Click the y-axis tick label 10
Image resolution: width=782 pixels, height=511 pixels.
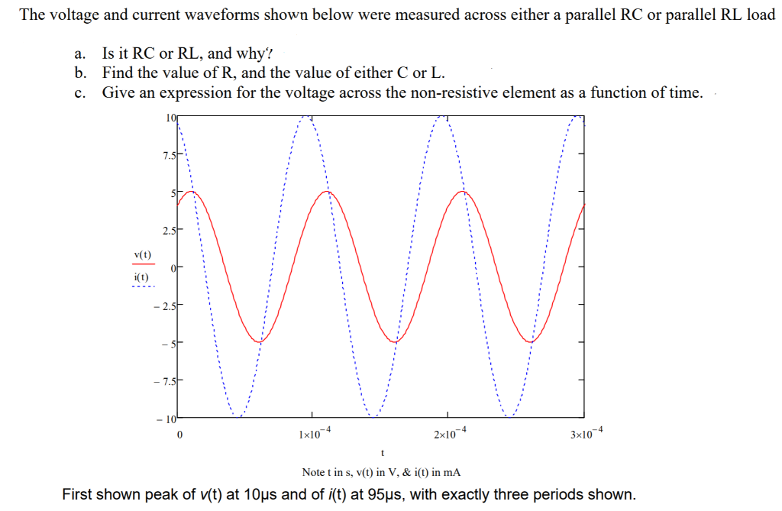pos(170,118)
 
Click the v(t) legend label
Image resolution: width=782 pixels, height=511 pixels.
pos(142,254)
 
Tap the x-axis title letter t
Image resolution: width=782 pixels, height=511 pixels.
pos(381,452)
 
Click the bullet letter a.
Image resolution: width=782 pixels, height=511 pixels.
pos(78,53)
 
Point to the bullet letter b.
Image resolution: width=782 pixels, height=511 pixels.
pos(79,73)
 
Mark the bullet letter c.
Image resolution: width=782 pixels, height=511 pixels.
pos(78,93)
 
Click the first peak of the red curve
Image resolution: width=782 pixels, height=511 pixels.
pos(192,191)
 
